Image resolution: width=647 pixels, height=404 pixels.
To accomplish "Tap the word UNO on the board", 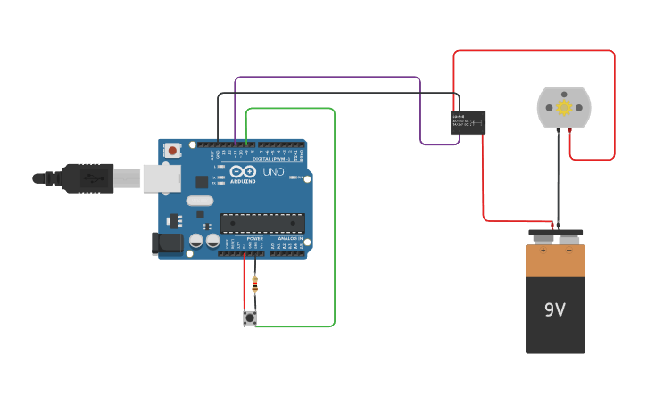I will tap(273, 171).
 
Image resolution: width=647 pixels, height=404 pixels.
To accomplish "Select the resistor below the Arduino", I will tap(255, 284).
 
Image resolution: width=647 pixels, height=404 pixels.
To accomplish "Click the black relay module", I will tap(469, 122).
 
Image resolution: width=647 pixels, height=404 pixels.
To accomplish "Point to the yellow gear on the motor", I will tap(564, 108).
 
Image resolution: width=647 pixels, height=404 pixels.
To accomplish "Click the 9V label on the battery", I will tap(555, 309).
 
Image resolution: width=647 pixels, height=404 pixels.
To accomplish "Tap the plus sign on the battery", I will tap(542, 251).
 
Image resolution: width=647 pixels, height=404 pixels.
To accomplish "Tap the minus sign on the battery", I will tap(569, 251).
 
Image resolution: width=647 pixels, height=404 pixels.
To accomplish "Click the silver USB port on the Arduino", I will tap(162, 178).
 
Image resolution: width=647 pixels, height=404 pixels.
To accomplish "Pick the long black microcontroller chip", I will tap(262, 223).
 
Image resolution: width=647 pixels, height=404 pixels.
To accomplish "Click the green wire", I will tap(335, 223).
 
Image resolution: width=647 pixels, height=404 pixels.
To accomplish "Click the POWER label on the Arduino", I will tap(254, 239).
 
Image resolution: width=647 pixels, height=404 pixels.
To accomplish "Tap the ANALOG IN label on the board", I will tap(289, 239).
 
